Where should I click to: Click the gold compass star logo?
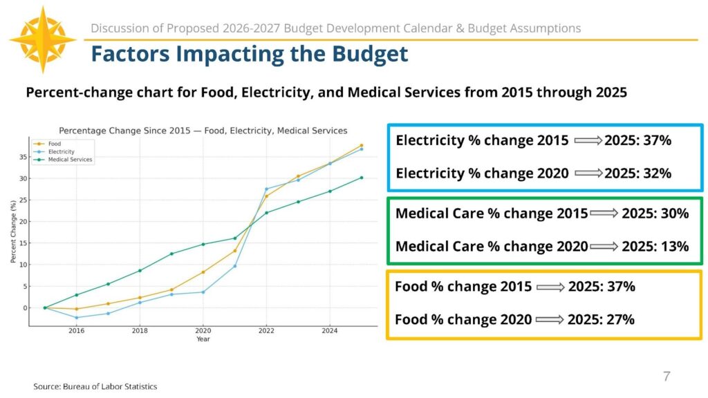43,39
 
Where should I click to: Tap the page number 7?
667,377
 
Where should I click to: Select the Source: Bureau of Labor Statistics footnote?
95,386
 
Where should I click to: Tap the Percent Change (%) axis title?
13,231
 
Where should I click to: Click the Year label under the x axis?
203,339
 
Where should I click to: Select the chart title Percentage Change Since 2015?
203,130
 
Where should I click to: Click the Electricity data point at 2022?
267,189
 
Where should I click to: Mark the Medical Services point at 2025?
361,178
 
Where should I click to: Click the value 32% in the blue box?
657,173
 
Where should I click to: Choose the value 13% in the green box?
675,246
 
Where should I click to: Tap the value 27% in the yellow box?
620,319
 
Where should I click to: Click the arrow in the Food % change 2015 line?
550,287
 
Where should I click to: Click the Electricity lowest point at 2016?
76,318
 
